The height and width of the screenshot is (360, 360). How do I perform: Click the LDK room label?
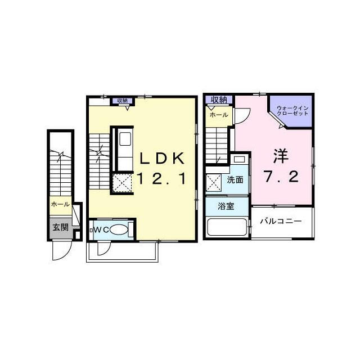pyautogui.click(x=162, y=158)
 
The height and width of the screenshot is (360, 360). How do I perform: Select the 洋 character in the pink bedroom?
pyautogui.click(x=281, y=156)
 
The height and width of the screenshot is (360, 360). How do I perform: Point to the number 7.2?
pyautogui.click(x=281, y=176)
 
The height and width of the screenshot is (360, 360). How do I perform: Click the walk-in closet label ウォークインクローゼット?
pyautogui.click(x=292, y=110)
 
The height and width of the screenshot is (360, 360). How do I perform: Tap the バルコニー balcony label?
pyautogui.click(x=281, y=221)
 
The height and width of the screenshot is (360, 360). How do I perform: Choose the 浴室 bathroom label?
pyautogui.click(x=226, y=206)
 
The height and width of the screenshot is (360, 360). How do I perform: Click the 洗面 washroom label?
pyautogui.click(x=235, y=180)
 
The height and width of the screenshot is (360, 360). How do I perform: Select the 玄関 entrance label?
pyautogui.click(x=61, y=227)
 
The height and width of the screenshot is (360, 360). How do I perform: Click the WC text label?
pyautogui.click(x=101, y=230)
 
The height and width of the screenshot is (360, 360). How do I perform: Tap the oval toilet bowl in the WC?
pyautogui.click(x=119, y=229)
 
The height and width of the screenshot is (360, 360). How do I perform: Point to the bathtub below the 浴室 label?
pyautogui.click(x=227, y=227)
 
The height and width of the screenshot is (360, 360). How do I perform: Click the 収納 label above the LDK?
pyautogui.click(x=123, y=101)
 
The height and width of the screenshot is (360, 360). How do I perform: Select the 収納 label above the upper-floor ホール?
pyautogui.click(x=219, y=100)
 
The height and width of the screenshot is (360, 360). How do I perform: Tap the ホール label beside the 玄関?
pyautogui.click(x=60, y=204)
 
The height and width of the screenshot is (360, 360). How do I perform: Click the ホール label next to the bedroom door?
pyautogui.click(x=219, y=115)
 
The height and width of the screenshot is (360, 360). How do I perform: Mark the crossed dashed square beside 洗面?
pyautogui.click(x=214, y=183)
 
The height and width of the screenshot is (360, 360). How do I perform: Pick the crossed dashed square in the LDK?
pyautogui.click(x=123, y=183)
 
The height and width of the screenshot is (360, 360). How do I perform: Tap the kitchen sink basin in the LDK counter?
pyautogui.click(x=125, y=139)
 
